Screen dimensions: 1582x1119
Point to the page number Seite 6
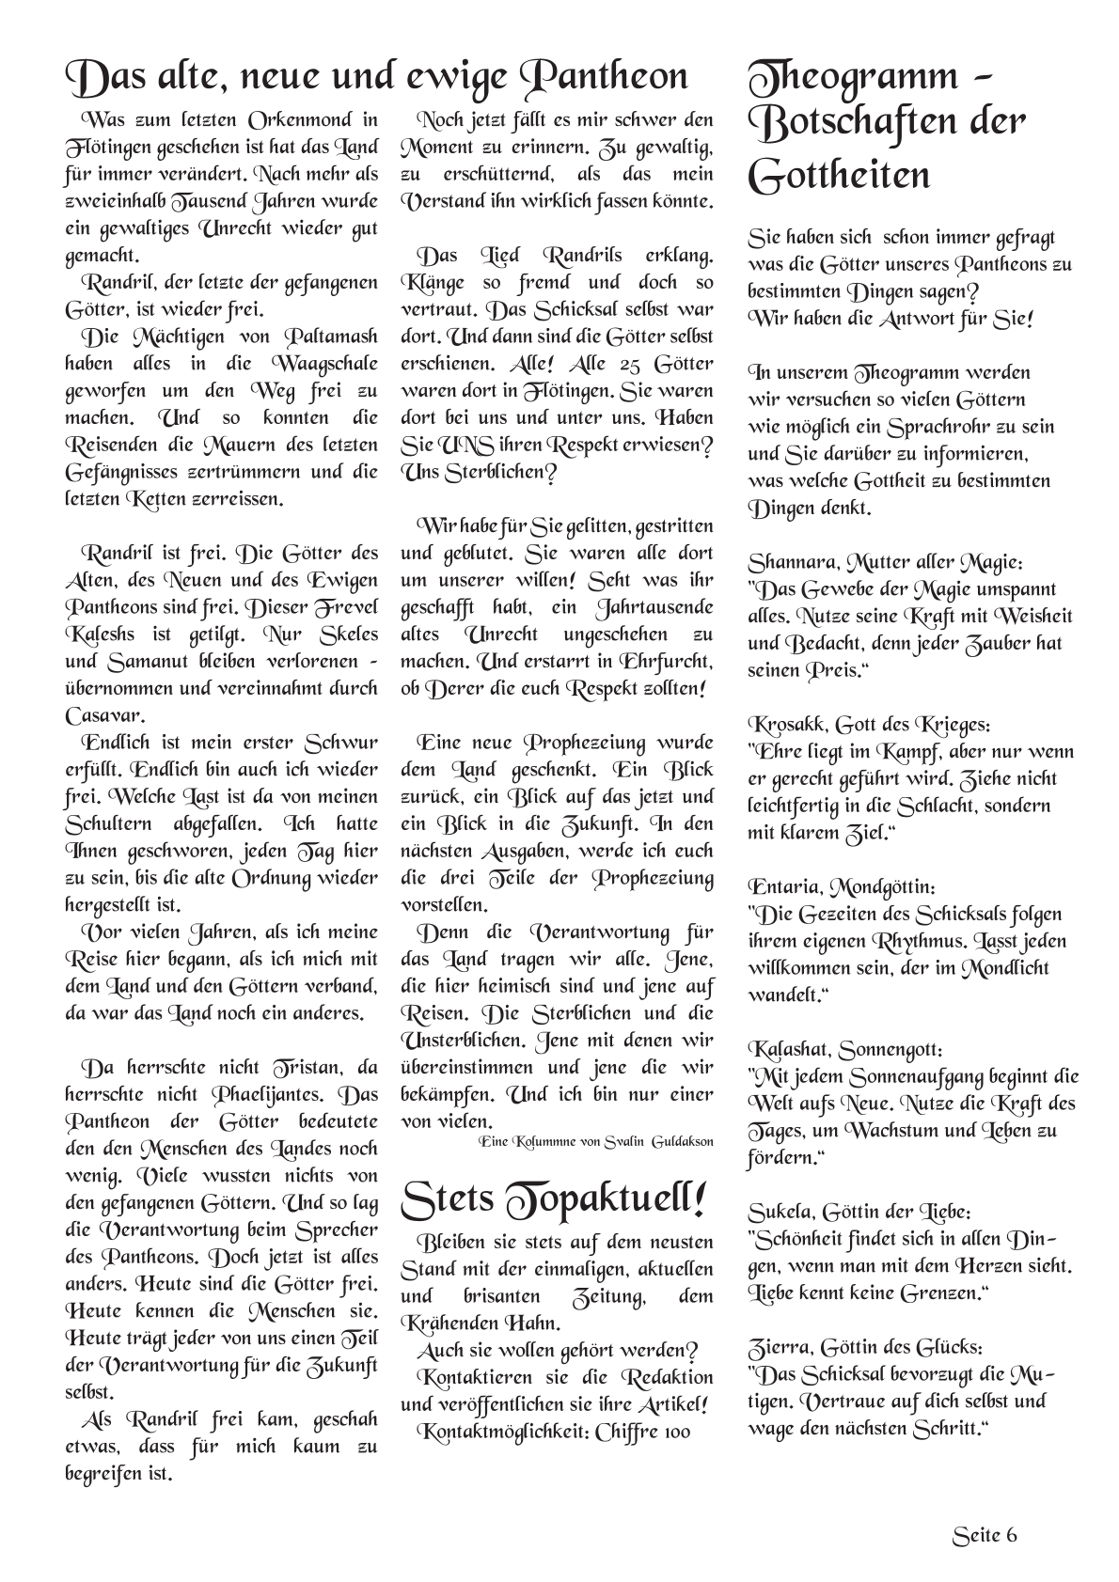(985, 1535)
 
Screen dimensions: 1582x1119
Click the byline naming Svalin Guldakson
(596, 1141)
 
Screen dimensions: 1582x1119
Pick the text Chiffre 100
(642, 1432)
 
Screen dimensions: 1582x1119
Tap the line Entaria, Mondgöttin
(842, 887)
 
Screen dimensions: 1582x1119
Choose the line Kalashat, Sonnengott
(845, 1049)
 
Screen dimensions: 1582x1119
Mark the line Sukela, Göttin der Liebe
(859, 1212)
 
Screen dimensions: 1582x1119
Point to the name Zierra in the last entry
(777, 1347)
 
